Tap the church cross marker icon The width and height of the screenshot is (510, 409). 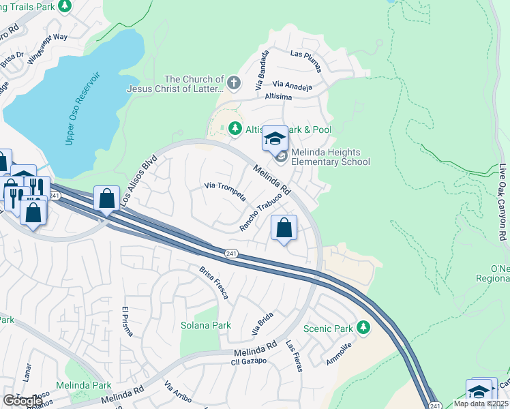(x=234, y=84)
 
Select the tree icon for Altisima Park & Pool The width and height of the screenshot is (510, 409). (x=235, y=128)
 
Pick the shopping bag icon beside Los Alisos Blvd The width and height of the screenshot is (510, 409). (x=107, y=199)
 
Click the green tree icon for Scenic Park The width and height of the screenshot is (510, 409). (x=363, y=328)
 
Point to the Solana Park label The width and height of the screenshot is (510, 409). (x=201, y=325)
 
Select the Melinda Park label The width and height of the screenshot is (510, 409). (x=83, y=385)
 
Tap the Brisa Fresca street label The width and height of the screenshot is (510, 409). (x=213, y=282)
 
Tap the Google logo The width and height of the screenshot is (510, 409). (x=22, y=400)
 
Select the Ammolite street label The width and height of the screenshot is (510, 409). (x=339, y=354)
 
